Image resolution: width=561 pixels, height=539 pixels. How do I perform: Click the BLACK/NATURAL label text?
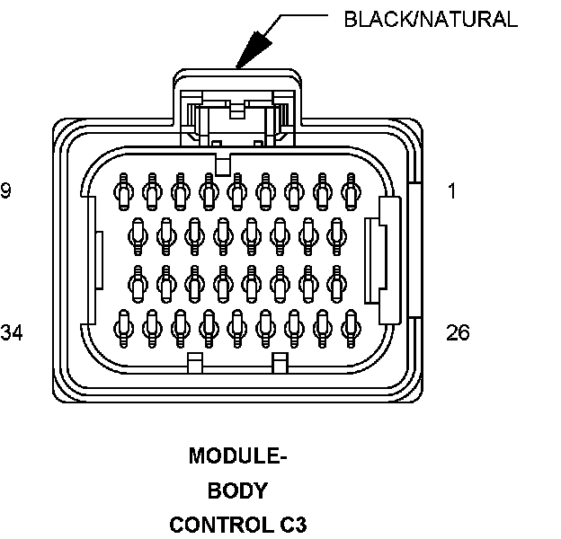(x=431, y=19)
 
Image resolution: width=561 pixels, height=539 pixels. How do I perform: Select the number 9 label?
(x=6, y=191)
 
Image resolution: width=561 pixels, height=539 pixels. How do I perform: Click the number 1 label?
(x=451, y=191)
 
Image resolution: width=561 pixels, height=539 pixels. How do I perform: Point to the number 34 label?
(x=12, y=333)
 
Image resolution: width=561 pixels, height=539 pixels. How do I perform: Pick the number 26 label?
(x=458, y=333)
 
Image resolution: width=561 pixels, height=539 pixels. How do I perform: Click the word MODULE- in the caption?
(x=237, y=456)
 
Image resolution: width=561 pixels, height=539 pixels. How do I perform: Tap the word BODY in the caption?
(x=237, y=490)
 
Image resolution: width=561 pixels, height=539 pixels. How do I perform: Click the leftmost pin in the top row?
(x=123, y=190)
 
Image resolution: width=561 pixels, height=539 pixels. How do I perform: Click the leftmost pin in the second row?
(x=138, y=234)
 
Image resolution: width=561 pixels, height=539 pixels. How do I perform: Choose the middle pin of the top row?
(x=237, y=190)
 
